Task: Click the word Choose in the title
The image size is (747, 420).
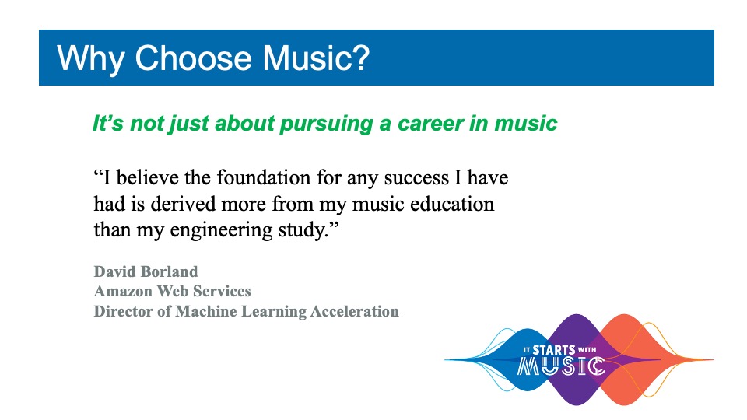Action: (193, 58)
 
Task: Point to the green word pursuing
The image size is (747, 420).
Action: (326, 124)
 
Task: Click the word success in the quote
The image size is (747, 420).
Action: (416, 178)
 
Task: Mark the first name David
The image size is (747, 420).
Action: (111, 271)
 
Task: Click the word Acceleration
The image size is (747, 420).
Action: (355, 311)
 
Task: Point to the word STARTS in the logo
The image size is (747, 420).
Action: (553, 350)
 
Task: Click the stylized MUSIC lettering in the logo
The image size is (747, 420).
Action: (561, 366)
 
